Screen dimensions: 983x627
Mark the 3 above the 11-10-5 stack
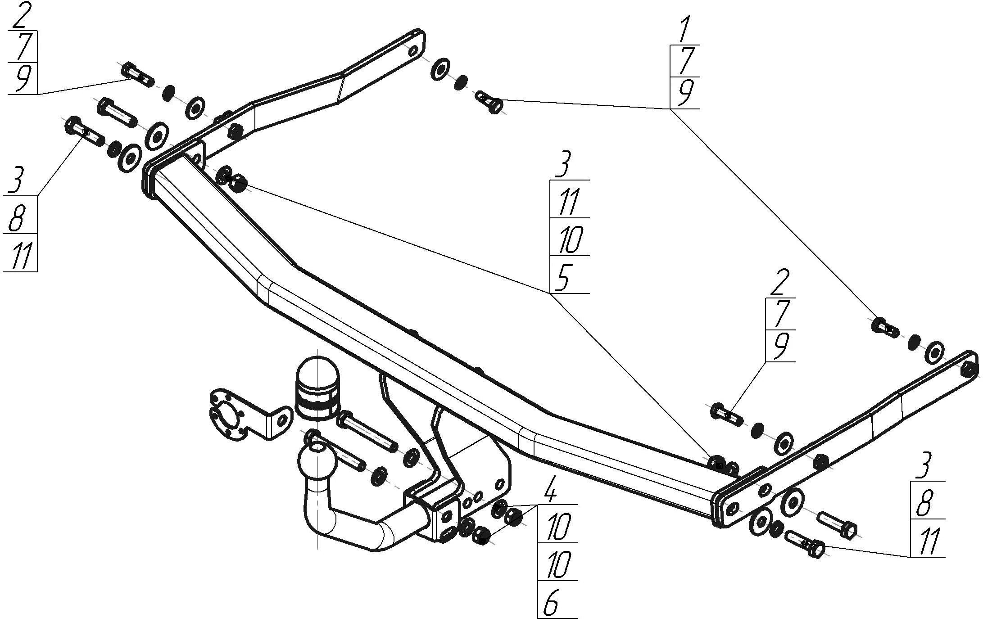click(x=563, y=166)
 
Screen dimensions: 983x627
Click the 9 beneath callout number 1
click(x=685, y=93)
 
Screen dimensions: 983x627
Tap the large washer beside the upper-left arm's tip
click(x=439, y=69)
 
